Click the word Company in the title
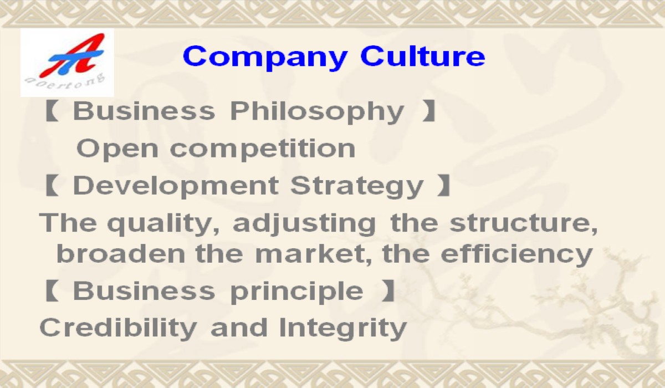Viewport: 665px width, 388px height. pos(265,58)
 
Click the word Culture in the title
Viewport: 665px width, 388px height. pos(423,55)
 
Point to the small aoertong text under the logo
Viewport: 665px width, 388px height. pos(65,81)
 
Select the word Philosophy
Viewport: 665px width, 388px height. pos(317,112)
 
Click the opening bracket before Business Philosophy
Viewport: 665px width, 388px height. pos(51,111)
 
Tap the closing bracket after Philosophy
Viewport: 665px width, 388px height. pos(429,111)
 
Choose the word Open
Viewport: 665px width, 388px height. pos(117,149)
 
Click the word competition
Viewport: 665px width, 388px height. pos(263,149)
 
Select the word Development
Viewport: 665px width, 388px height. pos(176,186)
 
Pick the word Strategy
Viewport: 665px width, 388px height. pos(356,186)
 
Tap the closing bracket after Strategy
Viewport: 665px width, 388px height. pos(444,186)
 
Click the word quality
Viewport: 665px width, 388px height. pos(163,223)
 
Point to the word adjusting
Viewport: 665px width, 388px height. pos(304,223)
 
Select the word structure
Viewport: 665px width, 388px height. pos(523,223)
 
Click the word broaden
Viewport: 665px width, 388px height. pos(121,253)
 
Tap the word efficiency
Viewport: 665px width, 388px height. pos(516,255)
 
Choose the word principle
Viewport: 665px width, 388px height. pos(296,292)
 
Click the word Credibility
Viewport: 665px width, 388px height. pos(118,329)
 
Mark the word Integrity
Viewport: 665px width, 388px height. pos(342,329)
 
